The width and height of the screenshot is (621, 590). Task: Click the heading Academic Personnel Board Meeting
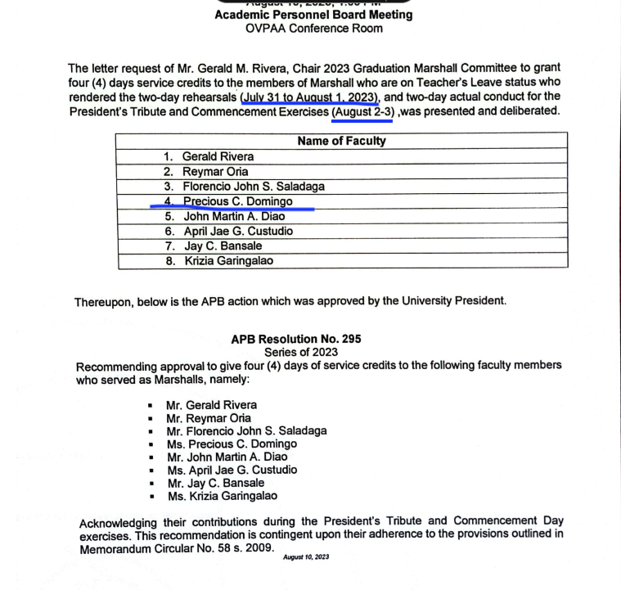tap(313, 15)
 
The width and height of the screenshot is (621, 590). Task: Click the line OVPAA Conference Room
tap(313, 29)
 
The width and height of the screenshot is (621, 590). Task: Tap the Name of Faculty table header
tap(342, 141)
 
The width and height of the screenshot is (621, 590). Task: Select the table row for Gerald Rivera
tap(218, 156)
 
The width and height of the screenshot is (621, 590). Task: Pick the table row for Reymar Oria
tap(215, 172)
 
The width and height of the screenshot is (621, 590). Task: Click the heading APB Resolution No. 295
tap(296, 339)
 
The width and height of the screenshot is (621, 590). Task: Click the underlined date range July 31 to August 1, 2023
tap(311, 97)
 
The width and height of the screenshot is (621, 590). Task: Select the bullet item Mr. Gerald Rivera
tap(211, 405)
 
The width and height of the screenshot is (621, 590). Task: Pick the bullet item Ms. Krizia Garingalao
tap(222, 496)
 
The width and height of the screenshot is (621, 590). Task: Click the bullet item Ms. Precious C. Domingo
tap(232, 444)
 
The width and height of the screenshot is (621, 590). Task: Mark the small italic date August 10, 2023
tap(306, 558)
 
